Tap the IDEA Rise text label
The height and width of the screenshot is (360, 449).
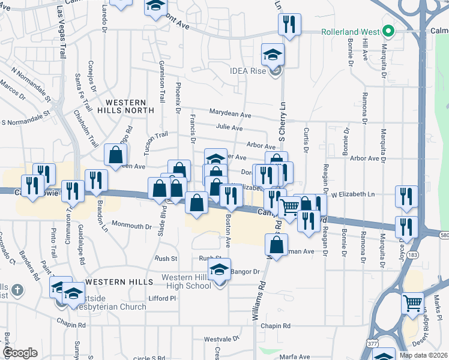(x=247, y=71)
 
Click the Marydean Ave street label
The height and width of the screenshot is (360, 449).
(x=230, y=113)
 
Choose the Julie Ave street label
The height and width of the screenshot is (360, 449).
(x=229, y=128)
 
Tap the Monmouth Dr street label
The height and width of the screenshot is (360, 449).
(x=132, y=226)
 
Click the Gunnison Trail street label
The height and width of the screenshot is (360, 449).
(x=161, y=81)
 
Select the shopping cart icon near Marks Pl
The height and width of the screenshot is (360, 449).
(x=413, y=304)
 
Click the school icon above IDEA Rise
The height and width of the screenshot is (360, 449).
(x=273, y=55)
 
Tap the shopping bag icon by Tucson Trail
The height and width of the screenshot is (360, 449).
(x=115, y=155)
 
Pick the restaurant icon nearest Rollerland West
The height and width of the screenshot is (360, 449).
(x=289, y=25)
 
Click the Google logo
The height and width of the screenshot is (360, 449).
(x=20, y=353)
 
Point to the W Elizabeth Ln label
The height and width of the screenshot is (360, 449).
(x=353, y=194)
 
